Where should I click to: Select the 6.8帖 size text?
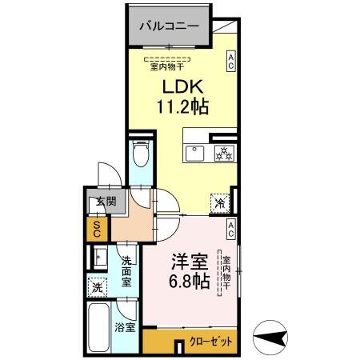190,282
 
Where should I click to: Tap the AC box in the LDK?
230,62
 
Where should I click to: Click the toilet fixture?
141,154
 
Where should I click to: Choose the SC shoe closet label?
96,230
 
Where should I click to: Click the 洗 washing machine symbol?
96,286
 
